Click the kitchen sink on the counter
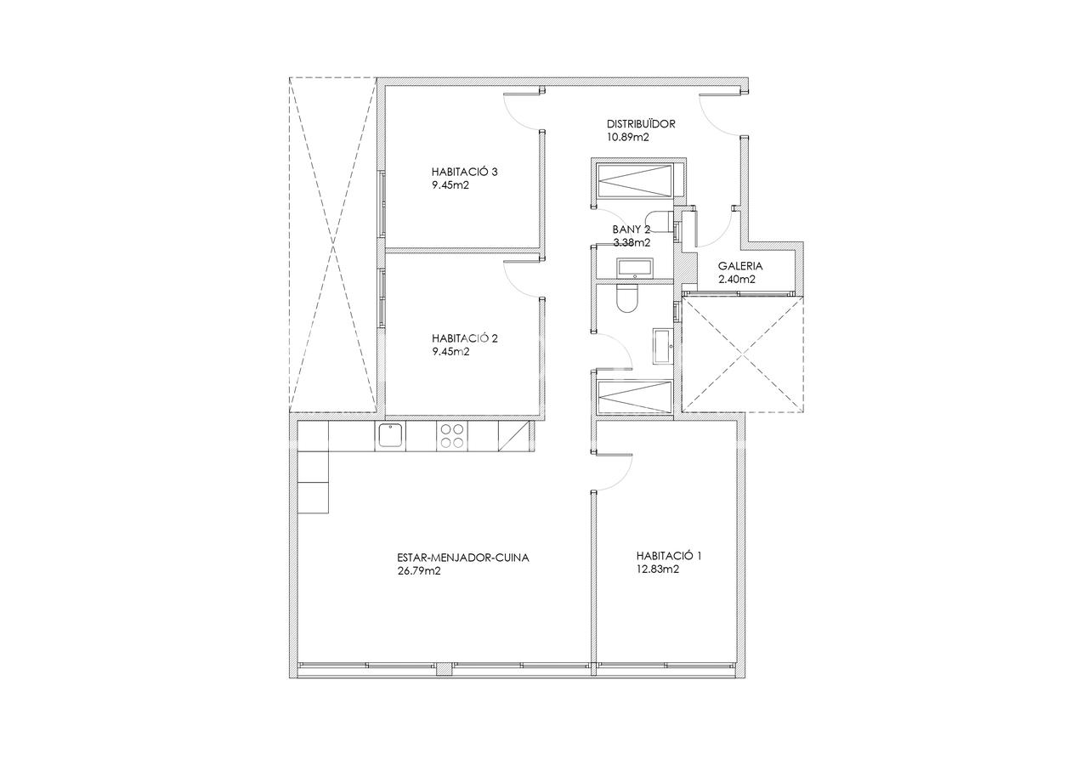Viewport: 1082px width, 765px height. point(390,436)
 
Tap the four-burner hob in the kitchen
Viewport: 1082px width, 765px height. point(452,436)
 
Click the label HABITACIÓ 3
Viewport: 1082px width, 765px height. point(465,172)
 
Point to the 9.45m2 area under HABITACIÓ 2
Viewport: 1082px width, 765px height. point(450,352)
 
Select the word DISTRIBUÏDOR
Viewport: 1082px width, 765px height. point(641,124)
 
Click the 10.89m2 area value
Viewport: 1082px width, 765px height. point(628,137)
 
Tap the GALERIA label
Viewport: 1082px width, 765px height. point(740,266)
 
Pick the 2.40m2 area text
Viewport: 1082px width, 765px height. point(737,279)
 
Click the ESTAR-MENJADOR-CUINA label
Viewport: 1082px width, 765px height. point(463,558)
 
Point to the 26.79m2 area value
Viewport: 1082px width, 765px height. point(419,571)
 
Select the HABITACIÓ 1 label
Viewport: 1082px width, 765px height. point(669,556)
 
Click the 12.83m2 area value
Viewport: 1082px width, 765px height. point(658,569)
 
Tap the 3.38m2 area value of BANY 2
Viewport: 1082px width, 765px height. point(632,242)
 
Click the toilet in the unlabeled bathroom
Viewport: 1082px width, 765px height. point(627,298)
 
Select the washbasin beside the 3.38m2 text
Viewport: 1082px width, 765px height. point(635,268)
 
